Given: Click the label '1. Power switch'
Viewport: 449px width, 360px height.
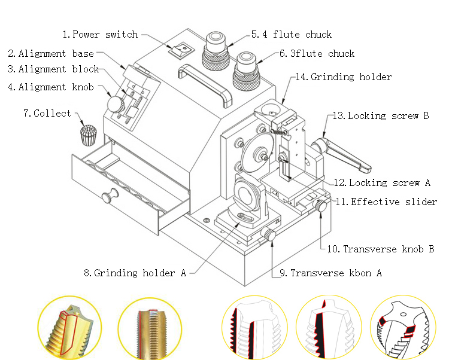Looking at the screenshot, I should (100, 35).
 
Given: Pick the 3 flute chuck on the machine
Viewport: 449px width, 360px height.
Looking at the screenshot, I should (246, 69).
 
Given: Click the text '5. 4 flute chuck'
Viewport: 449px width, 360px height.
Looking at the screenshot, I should (291, 35).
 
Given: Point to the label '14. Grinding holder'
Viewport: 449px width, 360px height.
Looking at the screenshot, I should (343, 77).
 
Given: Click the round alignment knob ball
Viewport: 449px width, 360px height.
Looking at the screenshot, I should (114, 104).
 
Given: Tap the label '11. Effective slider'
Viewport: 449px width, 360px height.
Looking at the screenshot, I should (386, 202).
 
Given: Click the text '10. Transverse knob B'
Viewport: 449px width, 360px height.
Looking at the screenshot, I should (380, 249).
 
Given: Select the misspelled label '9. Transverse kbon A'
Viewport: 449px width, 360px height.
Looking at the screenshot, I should (331, 273).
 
